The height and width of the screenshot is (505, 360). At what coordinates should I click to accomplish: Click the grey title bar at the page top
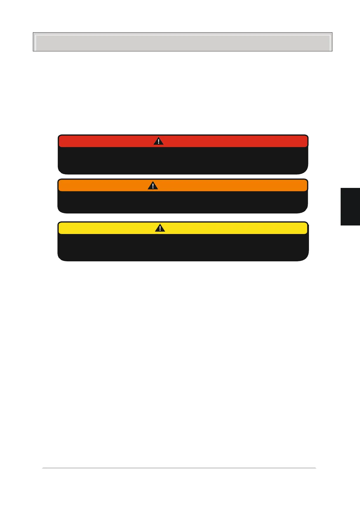click(x=182, y=42)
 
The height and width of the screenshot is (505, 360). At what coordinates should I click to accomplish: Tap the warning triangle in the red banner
click(x=158, y=141)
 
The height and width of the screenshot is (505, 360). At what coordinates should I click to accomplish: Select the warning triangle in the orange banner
click(x=153, y=186)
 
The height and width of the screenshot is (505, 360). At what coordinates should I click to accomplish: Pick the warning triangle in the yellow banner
click(x=160, y=228)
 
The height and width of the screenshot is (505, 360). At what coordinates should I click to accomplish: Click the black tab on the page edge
click(x=350, y=206)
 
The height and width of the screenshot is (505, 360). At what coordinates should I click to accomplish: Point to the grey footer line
click(x=179, y=468)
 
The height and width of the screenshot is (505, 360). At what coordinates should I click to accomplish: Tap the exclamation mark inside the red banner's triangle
click(x=158, y=142)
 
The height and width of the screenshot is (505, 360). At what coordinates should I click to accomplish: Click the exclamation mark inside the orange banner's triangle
click(x=153, y=186)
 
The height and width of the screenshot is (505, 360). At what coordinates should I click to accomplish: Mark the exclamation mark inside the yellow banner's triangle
click(x=160, y=228)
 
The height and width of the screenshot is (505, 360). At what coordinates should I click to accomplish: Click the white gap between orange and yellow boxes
click(x=182, y=217)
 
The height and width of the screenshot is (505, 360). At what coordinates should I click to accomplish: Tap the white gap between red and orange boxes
click(x=182, y=176)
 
